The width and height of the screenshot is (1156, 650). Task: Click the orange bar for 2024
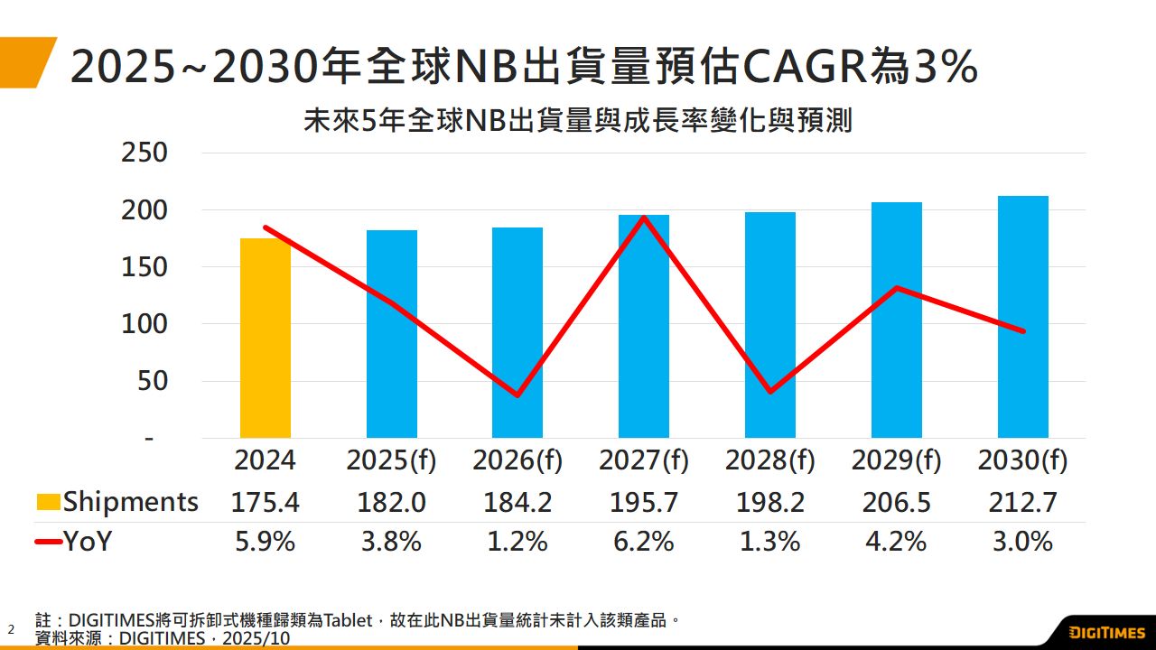pos(266,339)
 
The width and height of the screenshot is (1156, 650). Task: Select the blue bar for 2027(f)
pos(644,327)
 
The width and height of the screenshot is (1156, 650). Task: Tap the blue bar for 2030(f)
pos(1022,317)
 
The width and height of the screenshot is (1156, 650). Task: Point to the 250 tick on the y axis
pos(144,153)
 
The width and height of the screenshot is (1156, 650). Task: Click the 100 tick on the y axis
pos(144,324)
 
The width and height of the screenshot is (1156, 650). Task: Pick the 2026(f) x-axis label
pos(517,461)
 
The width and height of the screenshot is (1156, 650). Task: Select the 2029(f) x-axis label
pos(896,461)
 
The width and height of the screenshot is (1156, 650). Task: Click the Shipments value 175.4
pos(266,502)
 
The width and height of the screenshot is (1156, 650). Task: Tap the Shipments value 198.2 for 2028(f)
pos(769,502)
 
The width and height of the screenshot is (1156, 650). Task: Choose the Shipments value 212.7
pos(1022,502)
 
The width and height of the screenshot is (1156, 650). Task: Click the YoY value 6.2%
pos(644,542)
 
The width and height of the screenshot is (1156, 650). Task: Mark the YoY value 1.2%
pos(517,542)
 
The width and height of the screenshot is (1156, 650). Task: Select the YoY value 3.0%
pos(1022,542)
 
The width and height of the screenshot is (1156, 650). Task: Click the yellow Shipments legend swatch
pos(49,502)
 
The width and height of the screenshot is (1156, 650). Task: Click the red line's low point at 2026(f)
pos(517,395)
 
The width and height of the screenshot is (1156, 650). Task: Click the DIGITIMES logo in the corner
pos(1107,631)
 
